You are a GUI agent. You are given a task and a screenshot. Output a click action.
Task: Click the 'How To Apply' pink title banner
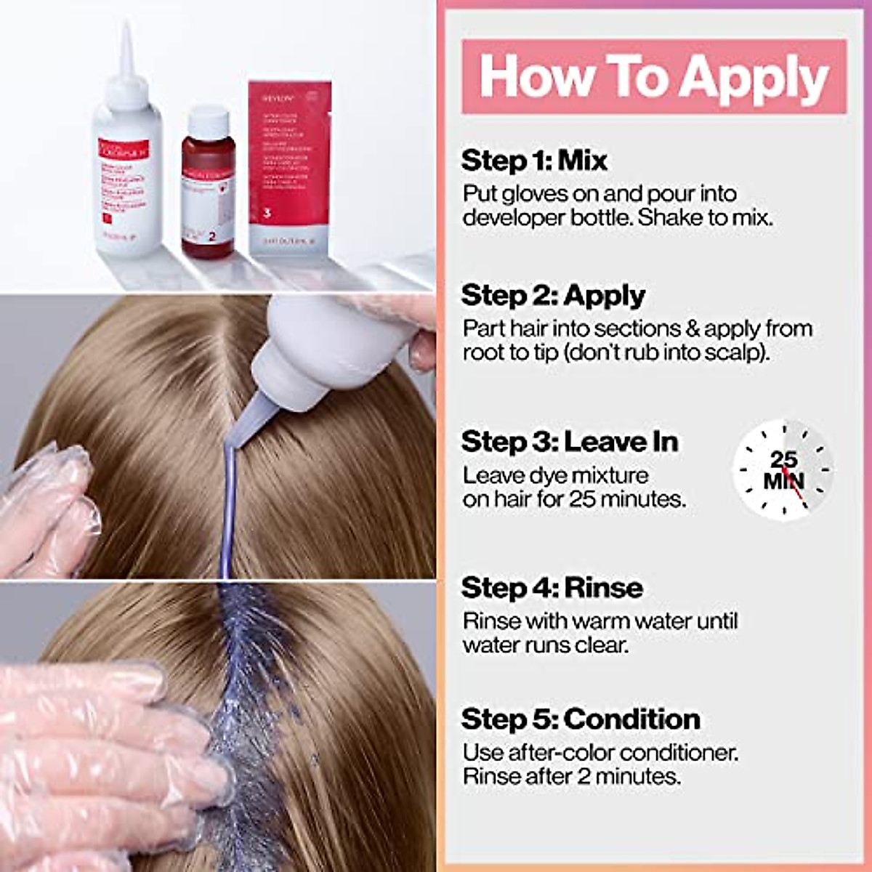654,76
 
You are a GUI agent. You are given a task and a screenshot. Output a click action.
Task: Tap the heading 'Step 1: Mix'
534,161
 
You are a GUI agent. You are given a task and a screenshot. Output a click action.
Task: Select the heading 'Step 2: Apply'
553,296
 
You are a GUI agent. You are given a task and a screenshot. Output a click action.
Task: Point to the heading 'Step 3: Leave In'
570,442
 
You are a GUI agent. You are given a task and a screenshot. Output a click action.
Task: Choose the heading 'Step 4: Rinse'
552,588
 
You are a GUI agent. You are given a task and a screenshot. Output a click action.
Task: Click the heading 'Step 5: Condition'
581,719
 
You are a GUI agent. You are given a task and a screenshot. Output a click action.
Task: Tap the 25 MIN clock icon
783,470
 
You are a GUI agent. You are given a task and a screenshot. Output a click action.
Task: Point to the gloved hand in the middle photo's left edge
47,509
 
